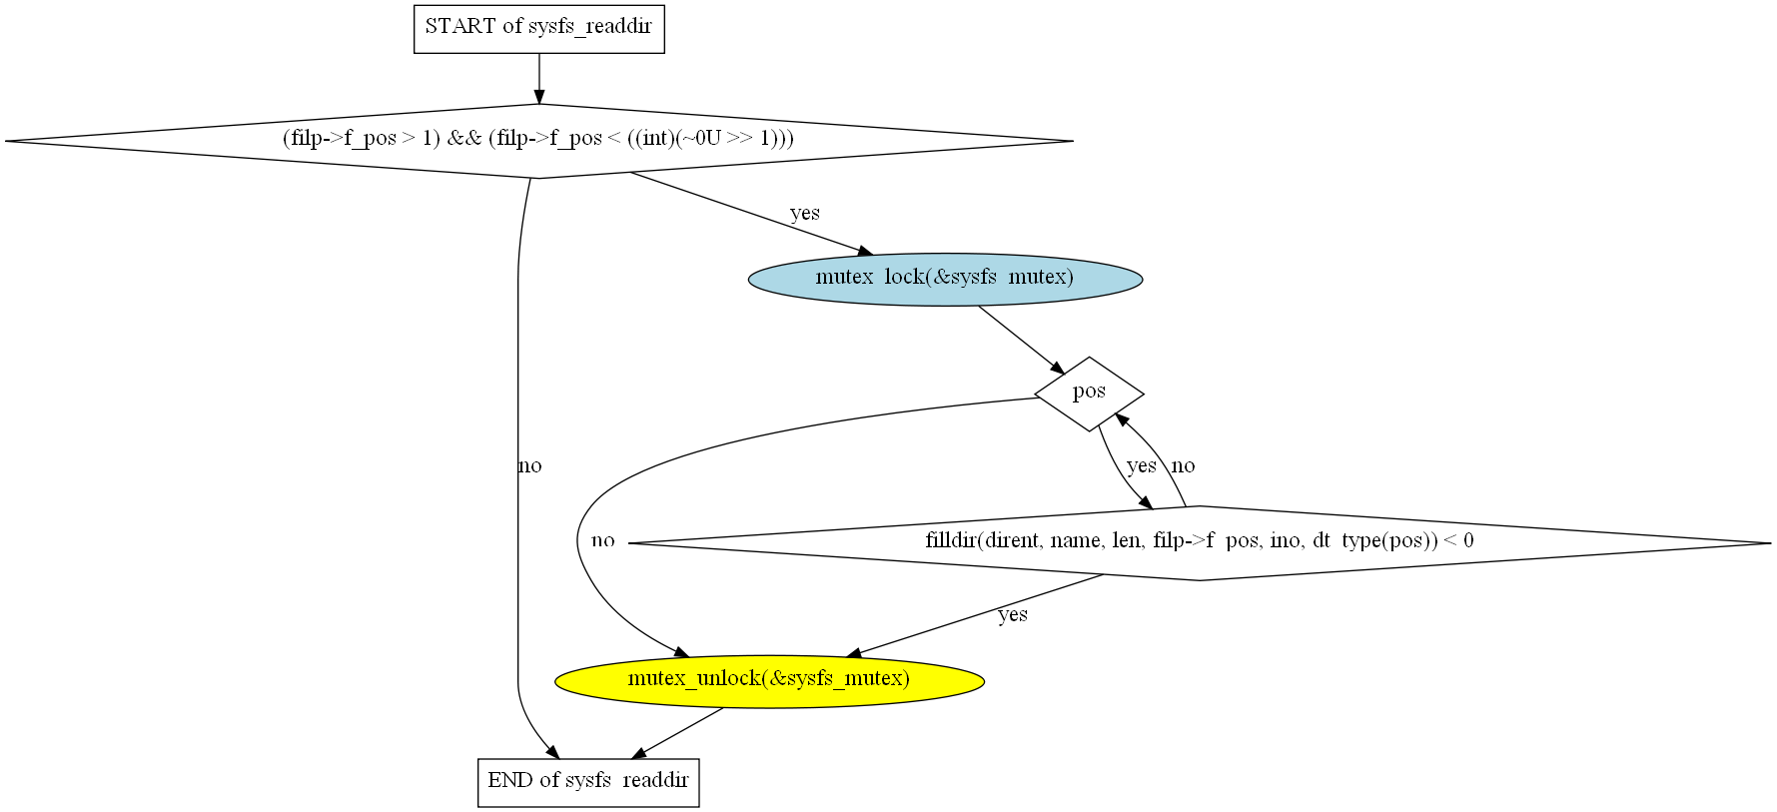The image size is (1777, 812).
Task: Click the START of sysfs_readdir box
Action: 538,28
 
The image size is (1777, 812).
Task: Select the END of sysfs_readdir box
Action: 588,782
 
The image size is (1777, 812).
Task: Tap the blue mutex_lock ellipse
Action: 945,279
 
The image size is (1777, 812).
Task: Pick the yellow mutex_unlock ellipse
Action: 769,681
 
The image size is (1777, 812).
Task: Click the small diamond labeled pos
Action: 1089,393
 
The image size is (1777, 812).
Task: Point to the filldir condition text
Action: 1199,541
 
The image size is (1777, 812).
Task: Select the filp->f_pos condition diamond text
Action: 538,139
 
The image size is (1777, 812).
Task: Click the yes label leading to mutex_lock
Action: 804,213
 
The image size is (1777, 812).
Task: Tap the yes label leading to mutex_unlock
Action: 1012,614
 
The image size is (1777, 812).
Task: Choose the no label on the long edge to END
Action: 529,465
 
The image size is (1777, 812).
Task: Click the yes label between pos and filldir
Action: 1141,465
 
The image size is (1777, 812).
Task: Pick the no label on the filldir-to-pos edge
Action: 1183,465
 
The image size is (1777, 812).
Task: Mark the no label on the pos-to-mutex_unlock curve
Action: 602,540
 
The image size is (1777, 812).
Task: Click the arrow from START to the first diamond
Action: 539,78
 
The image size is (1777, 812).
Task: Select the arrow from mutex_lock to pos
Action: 1021,340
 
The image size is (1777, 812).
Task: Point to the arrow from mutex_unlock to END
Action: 679,732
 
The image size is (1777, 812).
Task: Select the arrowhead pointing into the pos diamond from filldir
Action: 1122,419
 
